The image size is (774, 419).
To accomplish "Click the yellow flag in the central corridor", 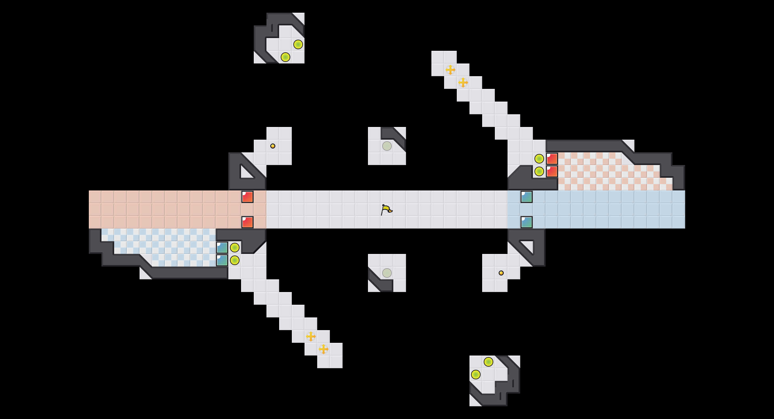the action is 386,209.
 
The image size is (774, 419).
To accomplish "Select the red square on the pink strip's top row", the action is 247,197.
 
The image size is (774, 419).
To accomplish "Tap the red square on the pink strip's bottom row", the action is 247,222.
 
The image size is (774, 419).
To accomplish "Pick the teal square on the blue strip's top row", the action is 527,197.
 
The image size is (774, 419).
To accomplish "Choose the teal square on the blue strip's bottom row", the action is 527,222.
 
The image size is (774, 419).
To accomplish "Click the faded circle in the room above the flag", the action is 387,146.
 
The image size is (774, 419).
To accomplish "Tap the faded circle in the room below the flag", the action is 387,273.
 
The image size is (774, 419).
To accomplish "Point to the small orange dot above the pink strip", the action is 273,146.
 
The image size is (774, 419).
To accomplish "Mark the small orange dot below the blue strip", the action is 501,273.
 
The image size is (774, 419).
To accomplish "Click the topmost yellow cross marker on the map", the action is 450,70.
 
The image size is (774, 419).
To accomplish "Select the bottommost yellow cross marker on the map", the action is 324,349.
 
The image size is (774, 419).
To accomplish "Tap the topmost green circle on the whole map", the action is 298,44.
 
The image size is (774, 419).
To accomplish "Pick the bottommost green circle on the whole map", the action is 476,375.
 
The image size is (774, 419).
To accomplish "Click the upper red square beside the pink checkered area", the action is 552,159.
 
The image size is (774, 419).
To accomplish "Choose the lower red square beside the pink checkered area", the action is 552,171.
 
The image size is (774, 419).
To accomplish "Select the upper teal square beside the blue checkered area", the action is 222,248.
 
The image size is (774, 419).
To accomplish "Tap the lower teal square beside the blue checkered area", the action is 222,260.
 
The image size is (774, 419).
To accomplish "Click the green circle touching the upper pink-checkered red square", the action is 539,159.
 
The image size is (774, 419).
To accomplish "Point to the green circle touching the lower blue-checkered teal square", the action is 235,260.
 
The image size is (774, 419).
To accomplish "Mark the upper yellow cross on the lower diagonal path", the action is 311,336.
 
